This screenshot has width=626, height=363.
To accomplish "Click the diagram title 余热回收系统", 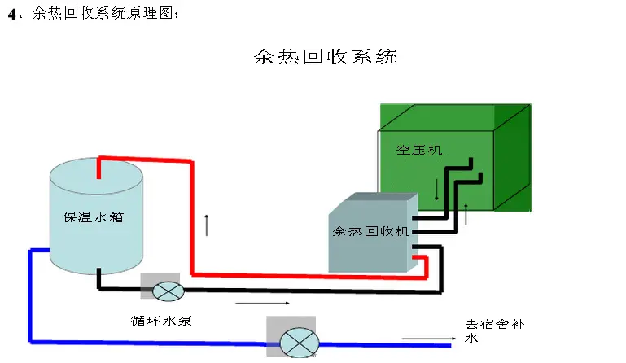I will (325, 58).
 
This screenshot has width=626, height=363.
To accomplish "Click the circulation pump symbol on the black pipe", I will (169, 289).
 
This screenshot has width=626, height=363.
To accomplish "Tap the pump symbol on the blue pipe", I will (300, 342).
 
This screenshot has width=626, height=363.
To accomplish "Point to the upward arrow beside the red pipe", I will (208, 224).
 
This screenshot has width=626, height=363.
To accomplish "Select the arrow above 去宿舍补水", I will (426, 338).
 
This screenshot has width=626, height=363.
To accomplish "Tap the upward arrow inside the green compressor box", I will (466, 213).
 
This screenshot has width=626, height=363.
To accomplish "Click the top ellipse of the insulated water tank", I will (96, 173).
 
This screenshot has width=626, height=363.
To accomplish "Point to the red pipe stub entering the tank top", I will (98, 168).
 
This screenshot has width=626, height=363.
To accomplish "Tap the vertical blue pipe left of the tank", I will (30, 293).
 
